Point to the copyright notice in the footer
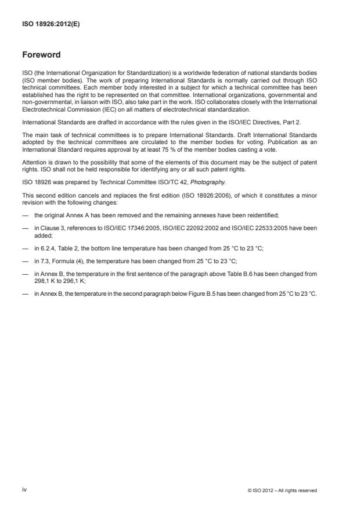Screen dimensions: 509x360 (x=282, y=490)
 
